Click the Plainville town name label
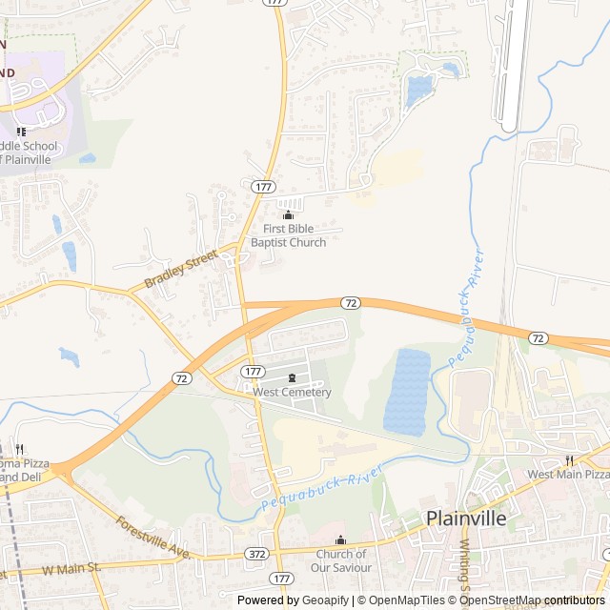(x=466, y=519)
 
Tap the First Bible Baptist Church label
(x=288, y=235)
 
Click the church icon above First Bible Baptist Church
(x=288, y=215)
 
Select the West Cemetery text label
(x=292, y=392)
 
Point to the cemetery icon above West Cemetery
(x=292, y=377)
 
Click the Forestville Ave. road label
(x=154, y=538)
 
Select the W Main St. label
(x=71, y=568)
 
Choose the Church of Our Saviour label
(x=340, y=560)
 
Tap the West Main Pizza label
(x=568, y=474)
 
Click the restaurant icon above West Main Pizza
(x=568, y=459)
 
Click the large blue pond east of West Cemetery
(x=407, y=391)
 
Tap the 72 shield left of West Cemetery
(x=182, y=377)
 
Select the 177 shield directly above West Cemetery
(x=253, y=371)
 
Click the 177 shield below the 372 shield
(x=280, y=578)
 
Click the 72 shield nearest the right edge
(x=539, y=337)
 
